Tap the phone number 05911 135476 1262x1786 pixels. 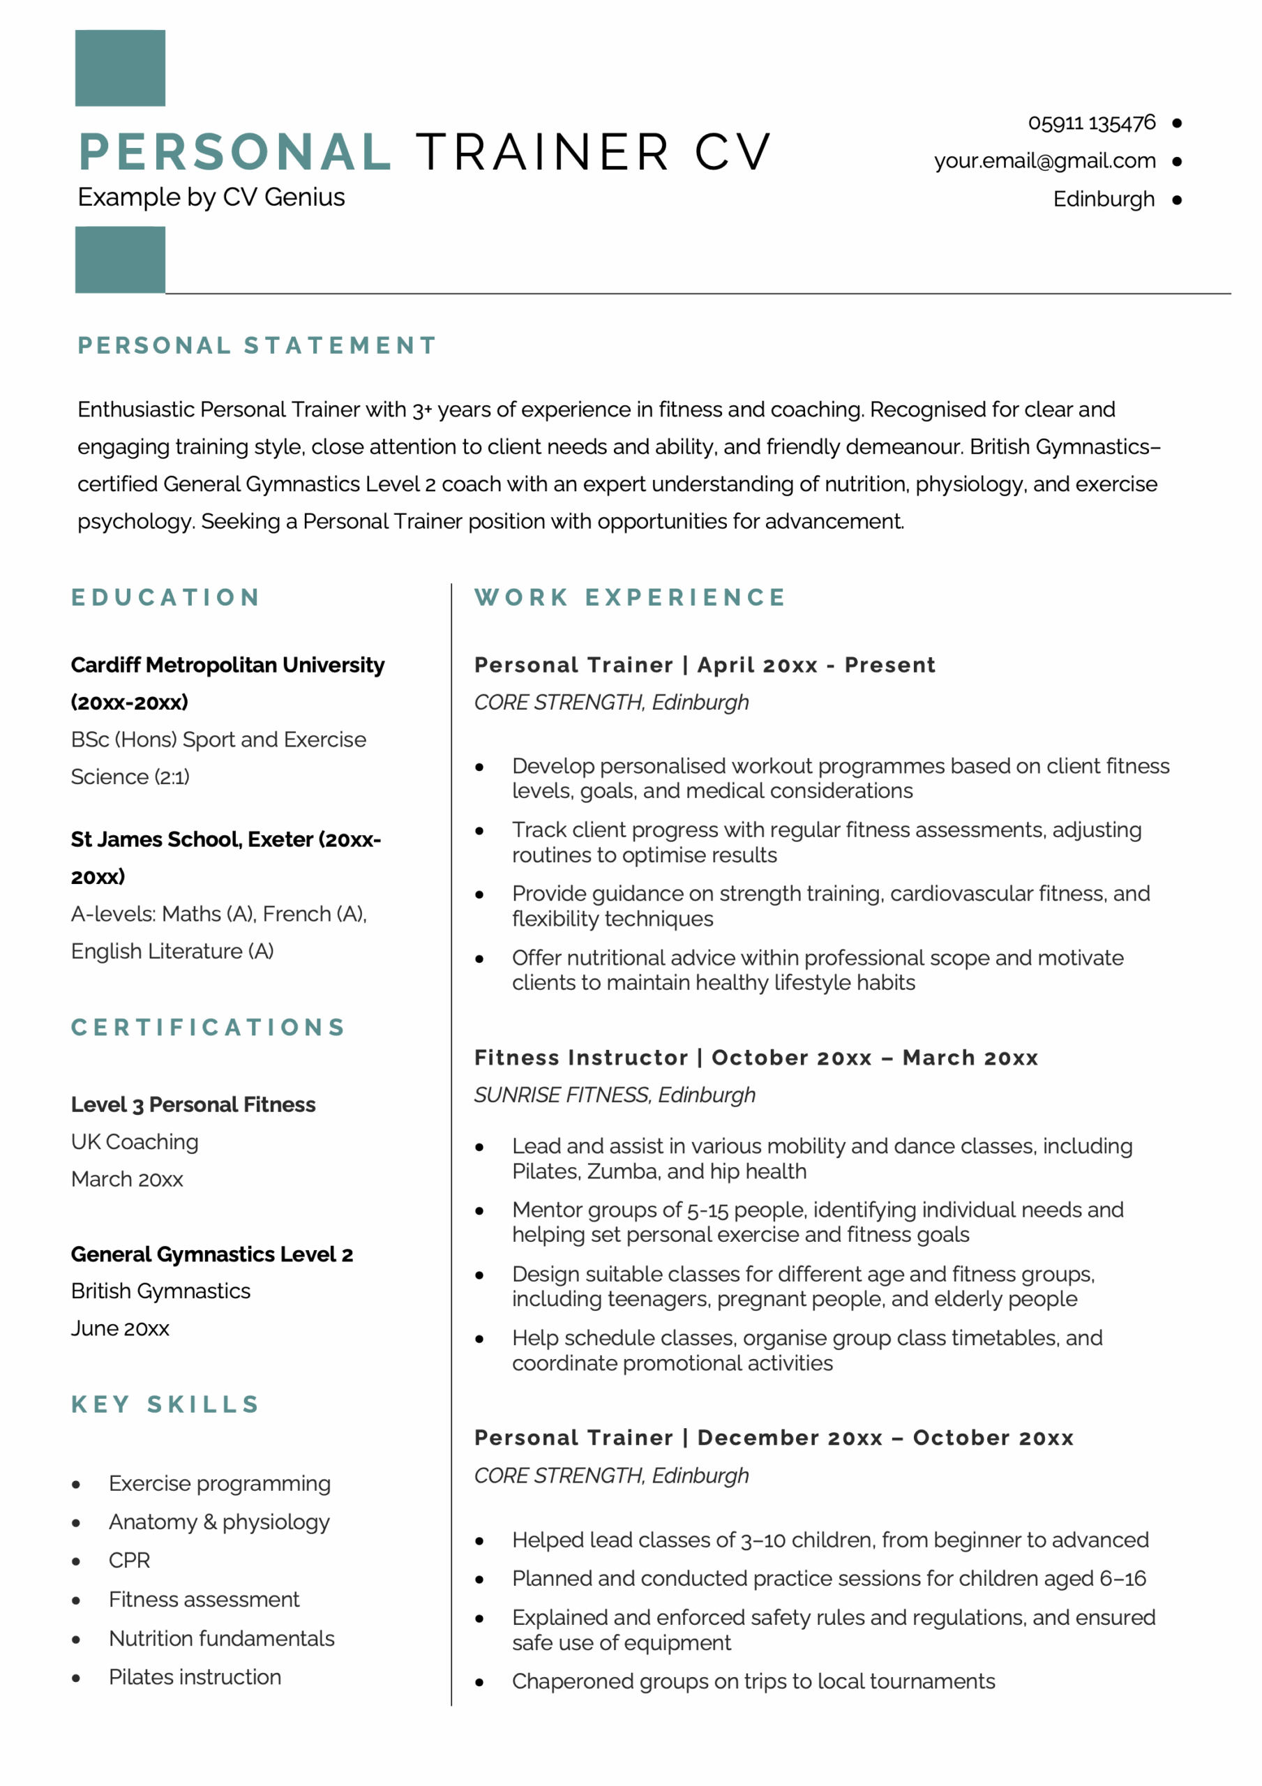[1091, 123]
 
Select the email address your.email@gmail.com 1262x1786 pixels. [1044, 161]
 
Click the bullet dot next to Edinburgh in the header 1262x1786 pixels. [1175, 200]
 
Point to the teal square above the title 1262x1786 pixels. [120, 68]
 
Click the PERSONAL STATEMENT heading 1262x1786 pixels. [257, 345]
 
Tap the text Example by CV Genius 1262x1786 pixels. [211, 197]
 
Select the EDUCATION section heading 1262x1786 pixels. [166, 597]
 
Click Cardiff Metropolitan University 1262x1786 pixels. [227, 665]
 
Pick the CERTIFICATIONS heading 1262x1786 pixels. [209, 1028]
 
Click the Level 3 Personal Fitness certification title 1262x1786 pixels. [193, 1104]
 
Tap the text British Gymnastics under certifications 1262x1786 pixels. [160, 1291]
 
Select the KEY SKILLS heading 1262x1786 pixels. [165, 1405]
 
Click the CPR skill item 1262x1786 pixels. [129, 1561]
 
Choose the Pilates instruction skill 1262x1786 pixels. [195, 1677]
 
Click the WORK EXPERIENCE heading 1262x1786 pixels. [630, 597]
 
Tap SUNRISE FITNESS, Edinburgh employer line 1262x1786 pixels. [615, 1095]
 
